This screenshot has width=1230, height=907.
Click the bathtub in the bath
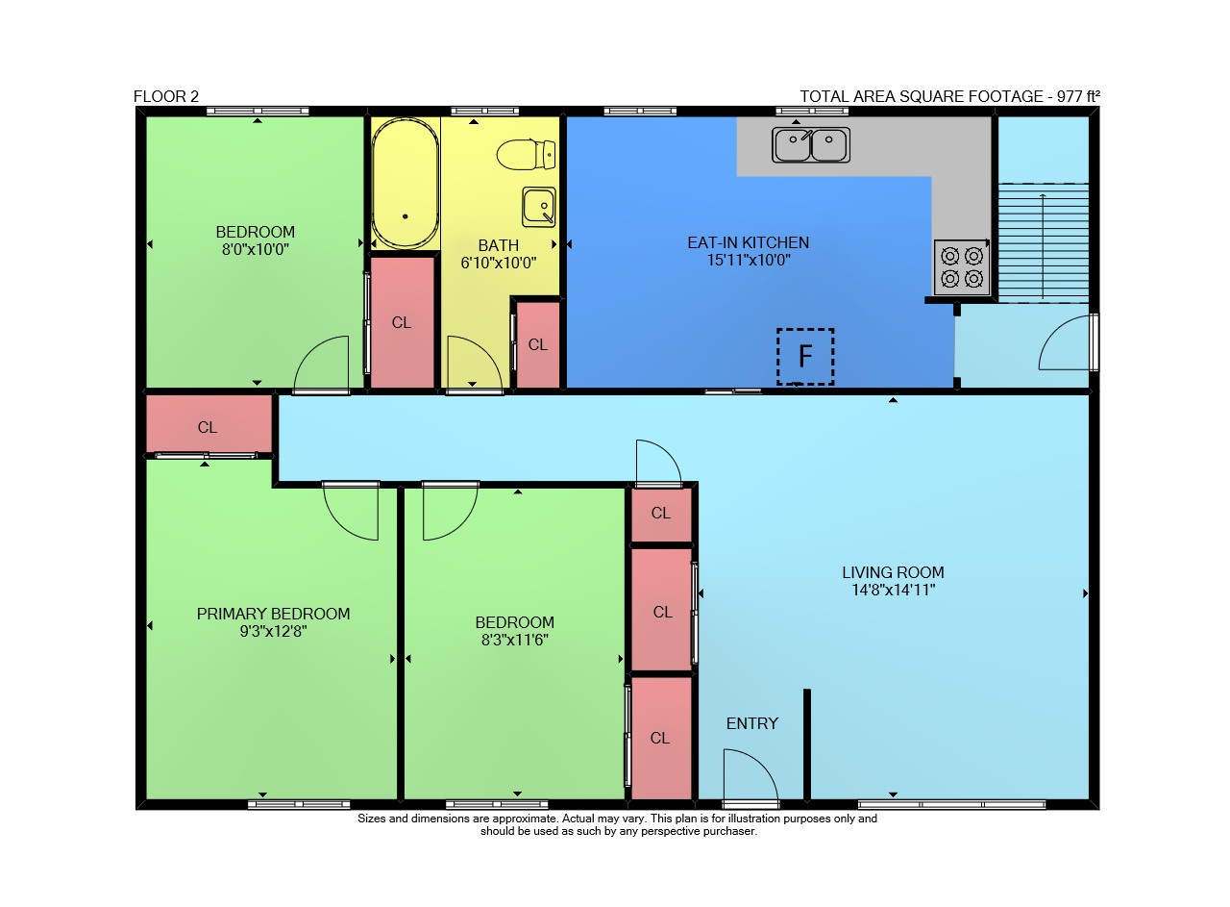406,184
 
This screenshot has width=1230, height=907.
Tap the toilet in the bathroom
526,155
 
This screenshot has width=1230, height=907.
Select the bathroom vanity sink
539,207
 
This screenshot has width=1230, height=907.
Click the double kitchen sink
811,145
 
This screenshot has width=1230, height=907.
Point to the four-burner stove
962,267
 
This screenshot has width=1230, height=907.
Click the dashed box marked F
805,357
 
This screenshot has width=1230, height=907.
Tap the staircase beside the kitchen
1043,242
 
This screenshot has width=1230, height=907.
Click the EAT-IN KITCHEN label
748,242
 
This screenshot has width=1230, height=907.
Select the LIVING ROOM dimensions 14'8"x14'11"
893,590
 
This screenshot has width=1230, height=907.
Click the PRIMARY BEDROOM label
273,614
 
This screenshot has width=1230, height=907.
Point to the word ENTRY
751,723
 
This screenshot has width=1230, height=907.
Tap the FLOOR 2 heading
166,97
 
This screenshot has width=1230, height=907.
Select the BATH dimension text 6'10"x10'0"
498,263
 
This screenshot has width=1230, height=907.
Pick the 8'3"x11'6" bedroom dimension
514,640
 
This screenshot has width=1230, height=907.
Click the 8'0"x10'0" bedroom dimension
255,249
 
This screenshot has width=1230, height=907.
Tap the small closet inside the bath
538,344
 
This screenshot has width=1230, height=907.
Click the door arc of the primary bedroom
340,522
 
